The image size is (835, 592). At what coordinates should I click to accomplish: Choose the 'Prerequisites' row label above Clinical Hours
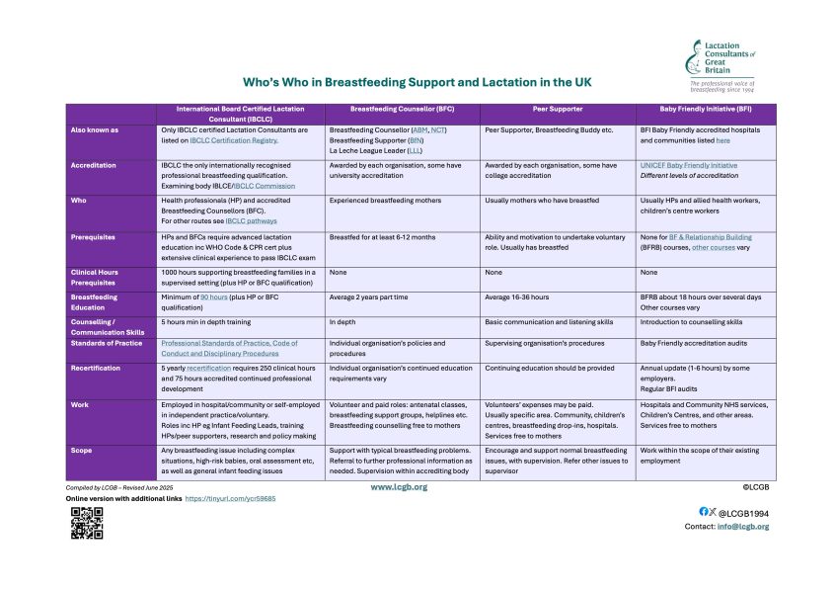[93, 237]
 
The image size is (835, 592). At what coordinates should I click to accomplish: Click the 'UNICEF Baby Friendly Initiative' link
[689, 165]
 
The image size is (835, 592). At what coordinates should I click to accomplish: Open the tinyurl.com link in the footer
[231, 499]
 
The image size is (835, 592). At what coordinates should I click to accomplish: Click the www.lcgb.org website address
[399, 487]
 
